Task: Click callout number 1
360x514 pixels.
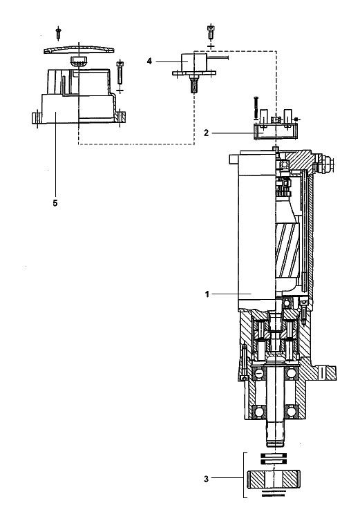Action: point(207,294)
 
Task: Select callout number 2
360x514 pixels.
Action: point(206,133)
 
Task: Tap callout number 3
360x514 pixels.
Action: point(206,479)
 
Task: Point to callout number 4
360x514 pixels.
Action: point(149,61)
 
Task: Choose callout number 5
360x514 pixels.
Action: point(55,203)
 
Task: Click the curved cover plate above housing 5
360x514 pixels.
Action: point(79,50)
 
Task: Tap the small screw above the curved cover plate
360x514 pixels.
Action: point(58,32)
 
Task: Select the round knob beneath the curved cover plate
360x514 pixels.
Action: point(78,61)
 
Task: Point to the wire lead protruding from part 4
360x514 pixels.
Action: point(218,57)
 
